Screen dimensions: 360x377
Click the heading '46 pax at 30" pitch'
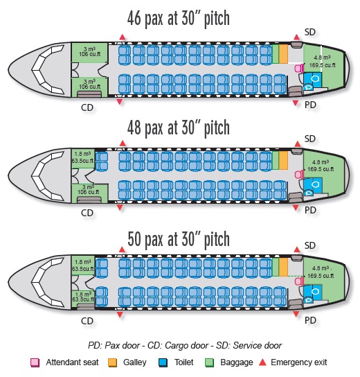178,19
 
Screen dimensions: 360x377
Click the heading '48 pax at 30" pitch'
178,128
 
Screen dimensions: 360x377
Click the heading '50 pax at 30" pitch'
179,239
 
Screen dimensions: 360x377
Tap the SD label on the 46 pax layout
309,32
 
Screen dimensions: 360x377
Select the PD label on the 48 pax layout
310,210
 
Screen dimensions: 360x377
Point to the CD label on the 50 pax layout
87,321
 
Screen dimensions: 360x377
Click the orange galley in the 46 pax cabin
283,54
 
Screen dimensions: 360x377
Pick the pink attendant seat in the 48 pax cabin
299,175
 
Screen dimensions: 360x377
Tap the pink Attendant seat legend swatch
35,362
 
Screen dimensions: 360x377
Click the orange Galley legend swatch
112,362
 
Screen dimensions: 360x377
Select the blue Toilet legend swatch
163,362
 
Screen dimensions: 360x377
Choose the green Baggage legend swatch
209,362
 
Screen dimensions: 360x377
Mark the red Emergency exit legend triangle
263,362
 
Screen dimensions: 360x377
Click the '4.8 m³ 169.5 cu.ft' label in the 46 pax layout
322,61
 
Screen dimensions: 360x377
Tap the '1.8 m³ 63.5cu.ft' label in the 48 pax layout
82,157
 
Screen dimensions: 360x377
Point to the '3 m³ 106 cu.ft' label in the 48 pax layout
88,189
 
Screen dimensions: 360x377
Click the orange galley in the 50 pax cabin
283,267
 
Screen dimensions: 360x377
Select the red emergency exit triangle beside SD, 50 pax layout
297,249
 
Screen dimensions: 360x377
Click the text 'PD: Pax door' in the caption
114,346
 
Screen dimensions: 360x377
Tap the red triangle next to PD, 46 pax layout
296,103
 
